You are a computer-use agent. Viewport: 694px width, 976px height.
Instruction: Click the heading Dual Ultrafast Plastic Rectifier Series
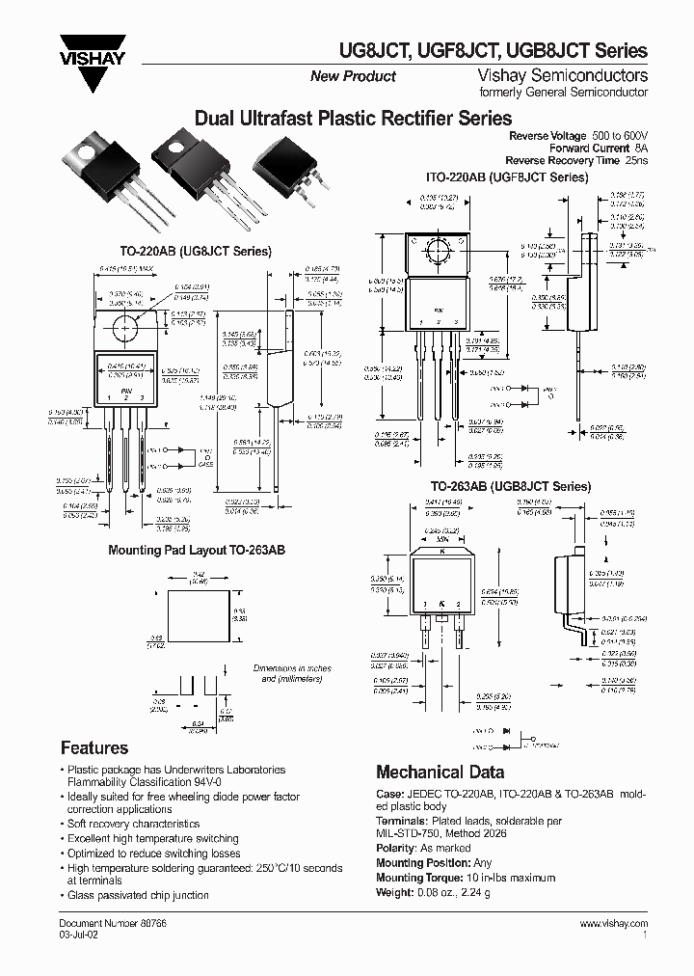pyautogui.click(x=353, y=119)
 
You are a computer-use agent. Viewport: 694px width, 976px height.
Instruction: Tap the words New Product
pyautogui.click(x=352, y=76)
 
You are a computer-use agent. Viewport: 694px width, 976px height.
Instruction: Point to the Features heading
pyautogui.click(x=93, y=747)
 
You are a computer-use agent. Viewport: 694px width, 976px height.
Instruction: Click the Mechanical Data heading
pyautogui.click(x=439, y=772)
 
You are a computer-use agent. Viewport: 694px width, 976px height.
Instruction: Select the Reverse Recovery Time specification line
pyautogui.click(x=577, y=160)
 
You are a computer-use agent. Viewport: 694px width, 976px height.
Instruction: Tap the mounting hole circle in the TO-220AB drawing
pyautogui.click(x=124, y=330)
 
